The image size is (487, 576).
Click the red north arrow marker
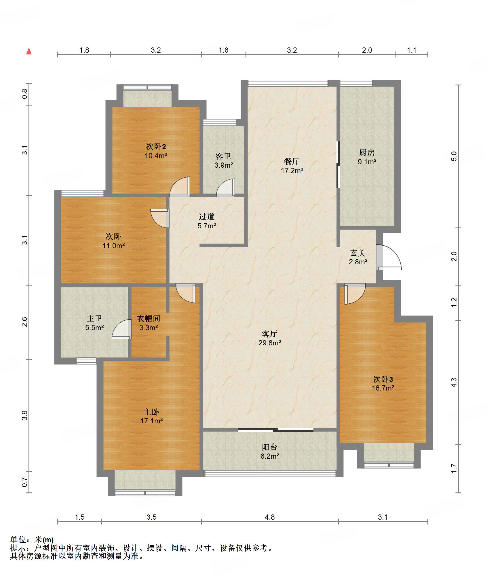pyautogui.click(x=29, y=51)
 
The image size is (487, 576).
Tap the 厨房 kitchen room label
pyautogui.click(x=367, y=152)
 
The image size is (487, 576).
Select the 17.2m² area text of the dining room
pyautogui.click(x=292, y=171)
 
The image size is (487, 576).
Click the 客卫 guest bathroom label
pyautogui.click(x=223, y=156)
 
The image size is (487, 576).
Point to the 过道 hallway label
pyautogui.click(x=206, y=217)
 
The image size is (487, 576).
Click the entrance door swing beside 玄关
pyautogui.click(x=389, y=257)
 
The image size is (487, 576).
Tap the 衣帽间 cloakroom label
pyautogui.click(x=148, y=318)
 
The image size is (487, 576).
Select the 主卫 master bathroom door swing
pyautogui.click(x=121, y=329)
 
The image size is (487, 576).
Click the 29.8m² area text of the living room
pyautogui.click(x=270, y=343)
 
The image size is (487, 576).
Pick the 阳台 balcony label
pyautogui.click(x=270, y=447)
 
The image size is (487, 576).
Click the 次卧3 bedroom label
pyautogui.click(x=383, y=379)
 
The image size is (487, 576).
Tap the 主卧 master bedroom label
pyautogui.click(x=151, y=412)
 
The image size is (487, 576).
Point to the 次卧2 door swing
pyautogui.click(x=180, y=187)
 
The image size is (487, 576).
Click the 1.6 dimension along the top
pyautogui.click(x=223, y=50)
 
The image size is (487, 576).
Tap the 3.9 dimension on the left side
pyautogui.click(x=24, y=415)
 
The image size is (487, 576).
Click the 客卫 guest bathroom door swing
pyautogui.click(x=226, y=188)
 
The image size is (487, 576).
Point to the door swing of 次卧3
pyautogui.click(x=355, y=294)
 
